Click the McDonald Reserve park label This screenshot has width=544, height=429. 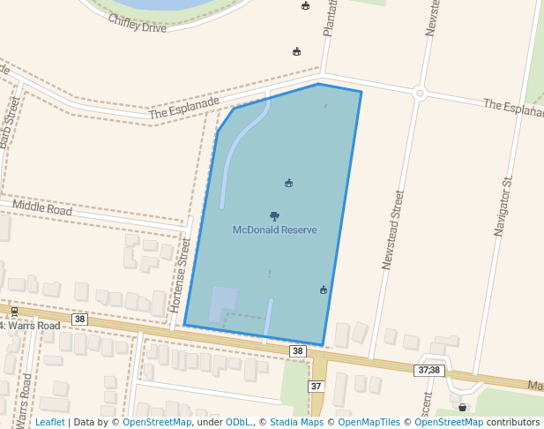click(x=274, y=230)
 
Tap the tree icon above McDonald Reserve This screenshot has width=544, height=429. click(x=274, y=215)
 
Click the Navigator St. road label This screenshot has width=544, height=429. click(x=503, y=206)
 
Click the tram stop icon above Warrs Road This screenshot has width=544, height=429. click(x=14, y=312)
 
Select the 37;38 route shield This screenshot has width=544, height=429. click(x=429, y=370)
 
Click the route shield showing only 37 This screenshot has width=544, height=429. click(x=317, y=387)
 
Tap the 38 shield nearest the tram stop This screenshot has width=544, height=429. click(x=80, y=320)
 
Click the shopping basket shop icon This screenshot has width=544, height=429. click(x=462, y=407)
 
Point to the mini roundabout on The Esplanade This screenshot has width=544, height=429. click(x=420, y=93)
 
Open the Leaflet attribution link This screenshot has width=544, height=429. click(x=50, y=423)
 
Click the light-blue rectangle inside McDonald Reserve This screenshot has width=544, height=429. click(x=222, y=304)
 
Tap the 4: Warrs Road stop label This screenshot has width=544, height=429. click(x=31, y=326)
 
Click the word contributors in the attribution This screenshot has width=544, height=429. click(x=513, y=423)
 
